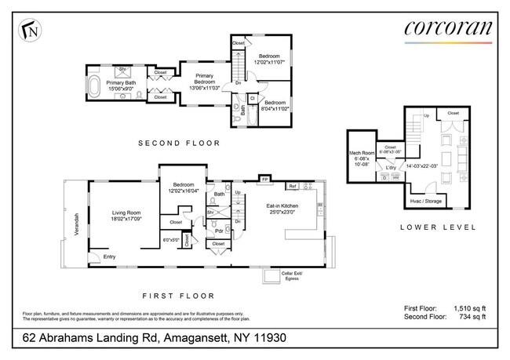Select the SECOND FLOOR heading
point(178,144)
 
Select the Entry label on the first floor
point(108,256)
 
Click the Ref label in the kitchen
point(292,186)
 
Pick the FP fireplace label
point(265,180)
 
